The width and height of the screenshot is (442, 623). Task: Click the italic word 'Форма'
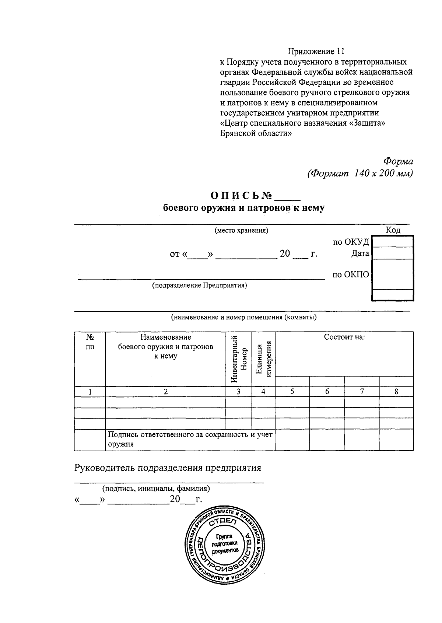click(398, 161)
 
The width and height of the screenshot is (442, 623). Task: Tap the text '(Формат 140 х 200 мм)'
click(360, 173)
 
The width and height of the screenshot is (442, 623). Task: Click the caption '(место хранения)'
click(241, 231)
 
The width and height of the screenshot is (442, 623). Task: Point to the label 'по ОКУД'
click(351, 242)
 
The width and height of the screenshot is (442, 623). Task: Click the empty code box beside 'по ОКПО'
click(393, 274)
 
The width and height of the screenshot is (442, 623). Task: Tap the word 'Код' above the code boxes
click(393, 230)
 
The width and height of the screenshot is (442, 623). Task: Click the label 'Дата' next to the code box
click(360, 253)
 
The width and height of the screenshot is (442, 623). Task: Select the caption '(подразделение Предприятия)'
click(200, 285)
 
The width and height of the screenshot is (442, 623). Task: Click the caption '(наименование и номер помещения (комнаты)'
click(243, 317)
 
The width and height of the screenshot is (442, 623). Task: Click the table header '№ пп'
click(90, 342)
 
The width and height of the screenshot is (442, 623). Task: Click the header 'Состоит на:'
click(344, 337)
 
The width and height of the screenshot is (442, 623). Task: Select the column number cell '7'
click(362, 392)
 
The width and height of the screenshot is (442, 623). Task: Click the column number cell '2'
click(165, 392)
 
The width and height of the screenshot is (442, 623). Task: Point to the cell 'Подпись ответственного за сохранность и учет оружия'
click(190, 439)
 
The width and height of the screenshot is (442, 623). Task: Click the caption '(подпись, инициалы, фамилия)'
click(156, 489)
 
